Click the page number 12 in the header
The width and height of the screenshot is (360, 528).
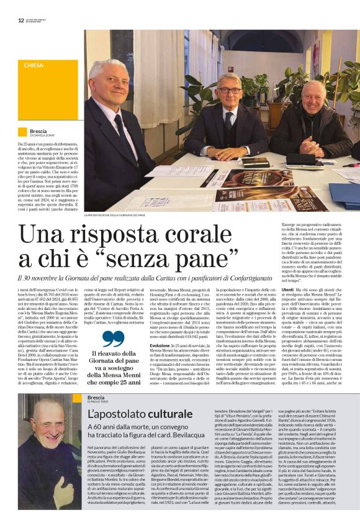click(21, 20)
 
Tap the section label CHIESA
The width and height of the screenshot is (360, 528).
click(34, 65)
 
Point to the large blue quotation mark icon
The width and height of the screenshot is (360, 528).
click(113, 339)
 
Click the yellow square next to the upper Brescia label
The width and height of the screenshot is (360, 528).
click(22, 132)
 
